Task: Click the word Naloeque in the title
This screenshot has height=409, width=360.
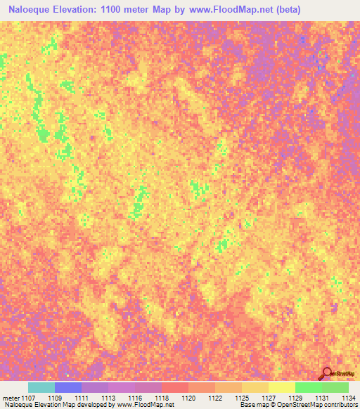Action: pos(32,11)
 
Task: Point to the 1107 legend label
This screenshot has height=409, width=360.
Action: pos(29,398)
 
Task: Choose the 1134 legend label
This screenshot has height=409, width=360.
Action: pos(347,398)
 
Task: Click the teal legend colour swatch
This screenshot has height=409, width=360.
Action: pos(41,387)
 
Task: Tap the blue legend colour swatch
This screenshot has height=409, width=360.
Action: pos(68,387)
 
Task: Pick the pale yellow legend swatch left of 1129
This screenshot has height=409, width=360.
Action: pos(281,387)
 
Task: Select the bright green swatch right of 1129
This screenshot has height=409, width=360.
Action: pos(308,387)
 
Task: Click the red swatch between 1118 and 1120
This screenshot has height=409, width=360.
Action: pos(175,387)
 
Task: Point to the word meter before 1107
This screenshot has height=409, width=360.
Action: pos(11,398)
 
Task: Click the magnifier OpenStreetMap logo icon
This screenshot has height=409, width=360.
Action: pos(326,373)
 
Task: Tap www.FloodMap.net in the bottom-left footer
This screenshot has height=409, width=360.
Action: pos(144,405)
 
